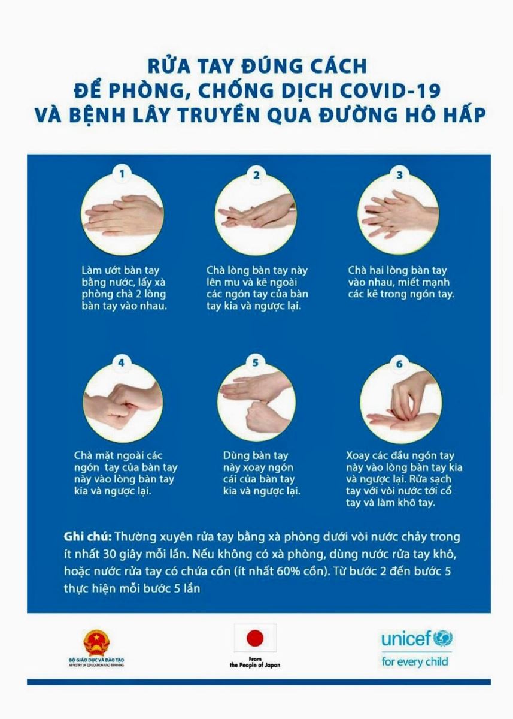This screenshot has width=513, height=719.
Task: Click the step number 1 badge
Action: (122, 174)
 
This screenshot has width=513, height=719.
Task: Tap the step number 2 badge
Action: (256, 175)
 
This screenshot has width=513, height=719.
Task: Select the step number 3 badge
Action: (399, 175)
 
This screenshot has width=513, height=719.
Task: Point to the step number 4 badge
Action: (121, 362)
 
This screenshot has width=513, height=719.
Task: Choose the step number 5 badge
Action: (256, 362)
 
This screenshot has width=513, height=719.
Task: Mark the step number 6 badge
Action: (399, 364)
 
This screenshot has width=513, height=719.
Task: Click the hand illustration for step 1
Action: (122, 213)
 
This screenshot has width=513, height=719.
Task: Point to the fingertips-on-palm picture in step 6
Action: (401, 403)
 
